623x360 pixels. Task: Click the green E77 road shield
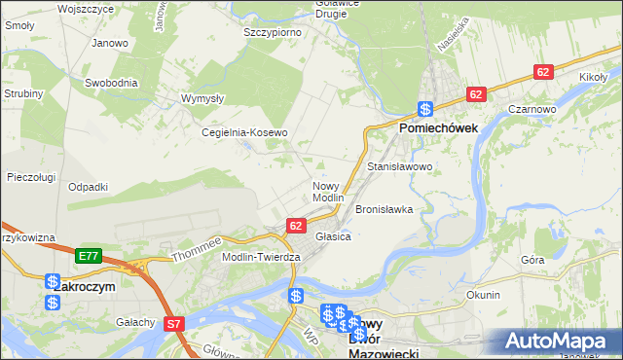[89, 256]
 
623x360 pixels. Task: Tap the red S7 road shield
[173, 324]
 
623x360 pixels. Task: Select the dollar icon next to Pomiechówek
[425, 110]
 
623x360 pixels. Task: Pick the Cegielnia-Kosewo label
[244, 132]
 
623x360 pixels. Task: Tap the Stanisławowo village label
[399, 167]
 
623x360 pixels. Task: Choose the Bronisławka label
[385, 209]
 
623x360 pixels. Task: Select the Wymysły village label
[203, 98]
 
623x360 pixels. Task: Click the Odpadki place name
[89, 187]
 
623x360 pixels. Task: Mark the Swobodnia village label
[109, 83]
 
